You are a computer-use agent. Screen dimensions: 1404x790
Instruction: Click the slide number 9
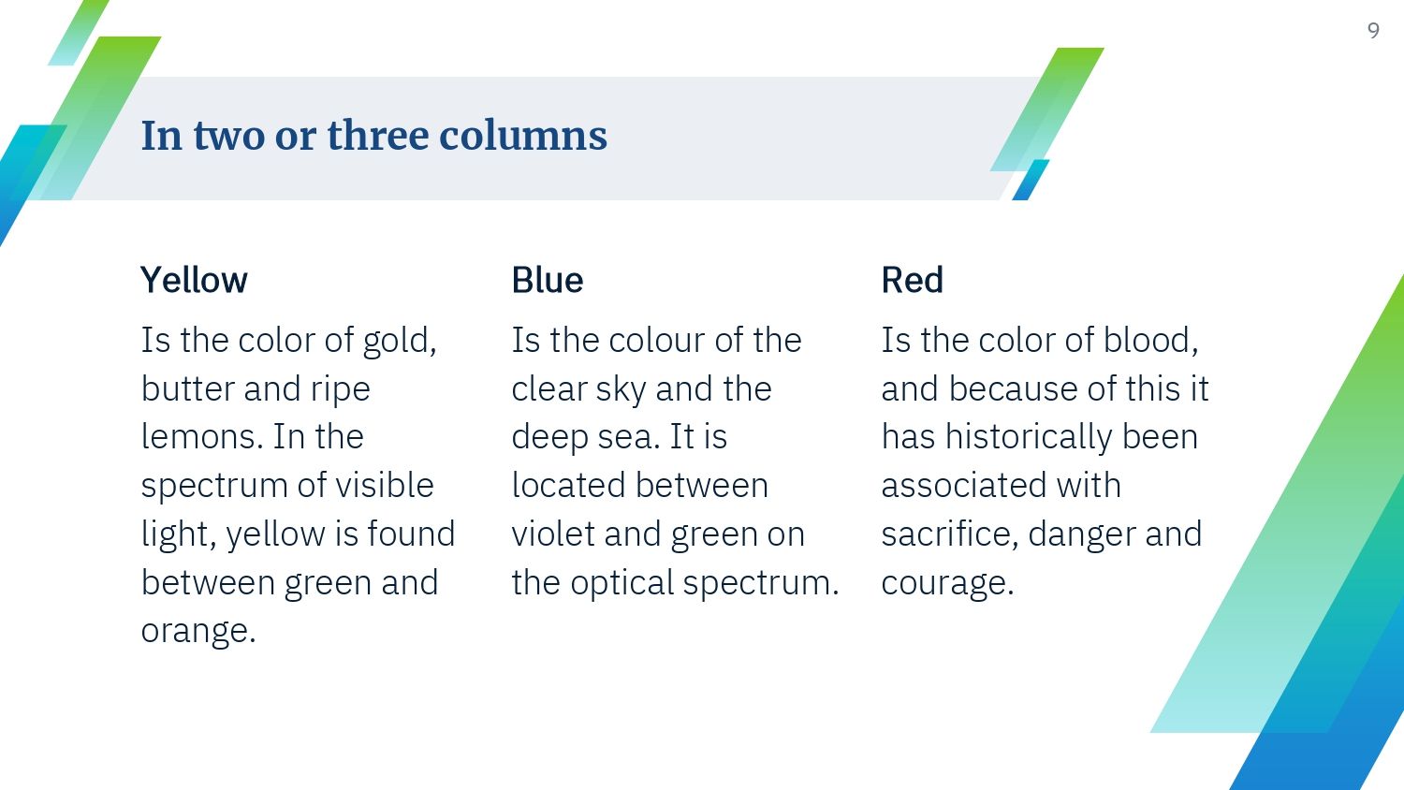[1373, 30]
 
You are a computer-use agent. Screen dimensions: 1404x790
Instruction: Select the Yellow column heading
[194, 280]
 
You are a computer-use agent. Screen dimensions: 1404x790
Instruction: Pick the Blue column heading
[548, 280]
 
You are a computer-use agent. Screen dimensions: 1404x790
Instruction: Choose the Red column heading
[912, 280]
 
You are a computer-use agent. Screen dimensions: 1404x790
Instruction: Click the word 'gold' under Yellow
[396, 342]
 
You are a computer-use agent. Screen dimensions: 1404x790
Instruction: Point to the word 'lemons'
[197, 436]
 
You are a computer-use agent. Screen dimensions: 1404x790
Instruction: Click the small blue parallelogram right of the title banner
[1031, 180]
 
